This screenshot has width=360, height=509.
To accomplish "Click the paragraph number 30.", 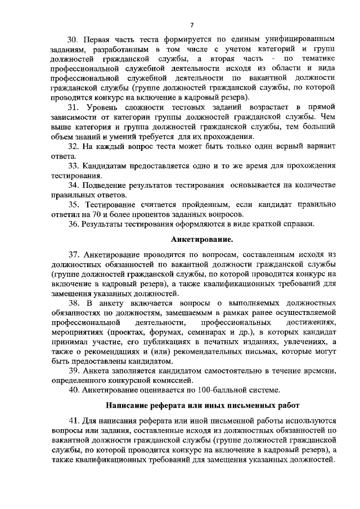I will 72,40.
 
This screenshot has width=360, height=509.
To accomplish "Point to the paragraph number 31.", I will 73,107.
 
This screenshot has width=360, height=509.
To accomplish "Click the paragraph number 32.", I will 73,146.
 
